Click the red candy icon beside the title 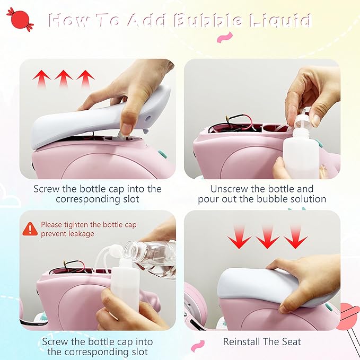tap(21, 19)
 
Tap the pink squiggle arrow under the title tap(225, 38)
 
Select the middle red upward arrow tap(64, 78)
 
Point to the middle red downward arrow tap(267, 237)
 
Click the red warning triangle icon tap(30, 229)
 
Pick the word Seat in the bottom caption tap(292, 341)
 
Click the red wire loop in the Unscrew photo tap(239, 120)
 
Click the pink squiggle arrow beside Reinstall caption tap(197, 346)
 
